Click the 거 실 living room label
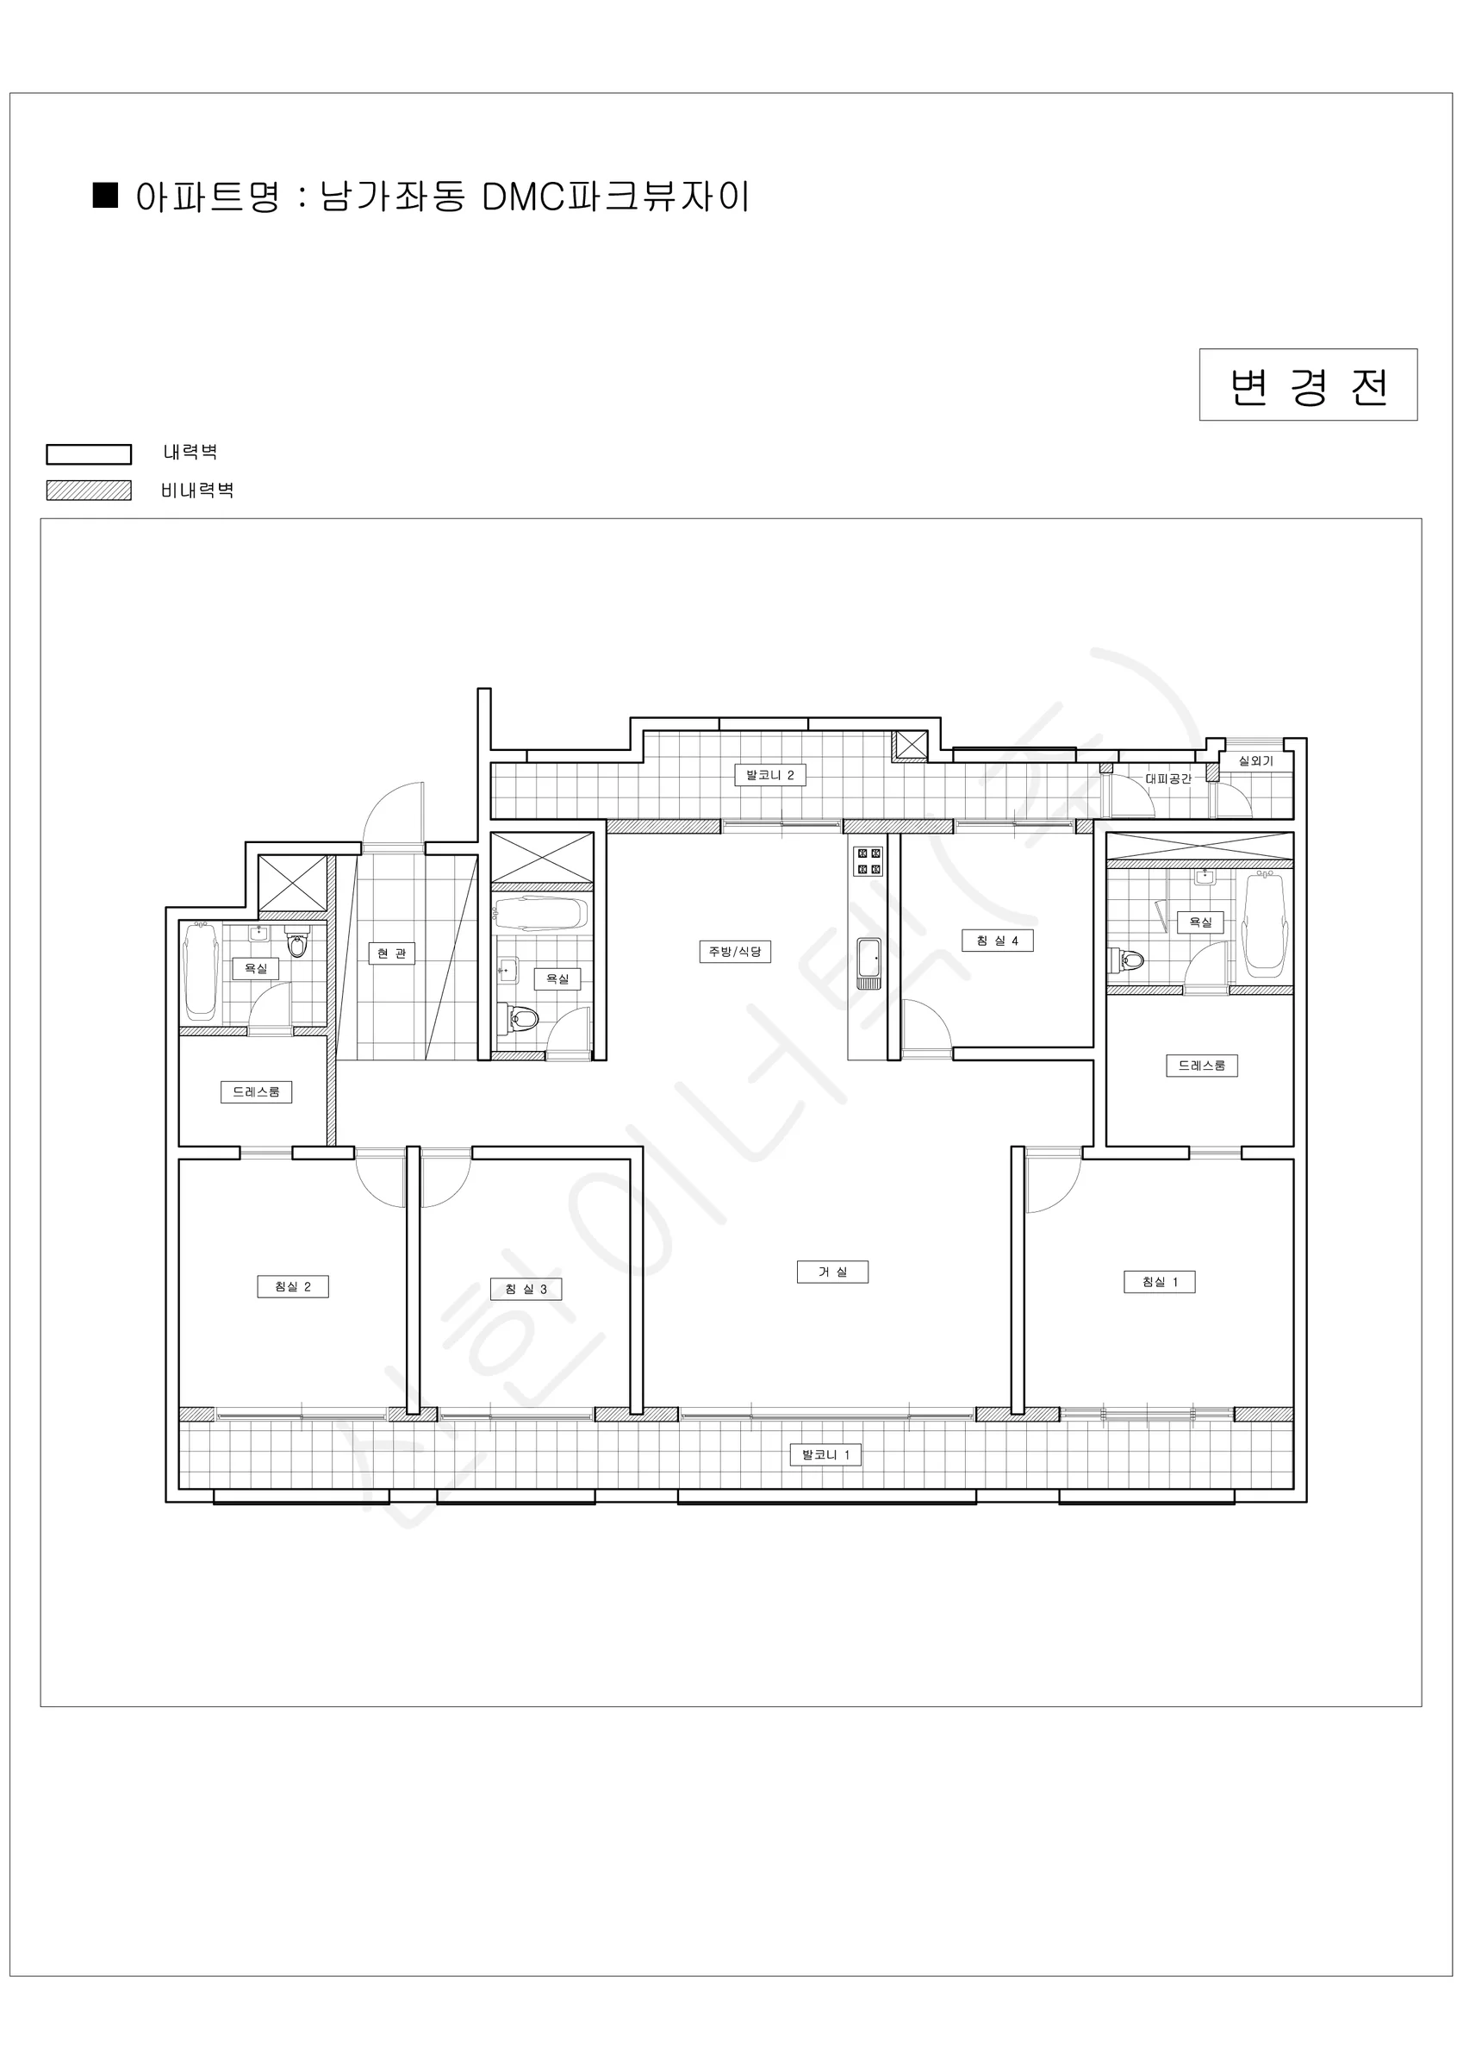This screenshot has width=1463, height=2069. (x=832, y=1272)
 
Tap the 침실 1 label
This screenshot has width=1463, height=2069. (x=1160, y=1281)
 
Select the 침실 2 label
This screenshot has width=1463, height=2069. (x=293, y=1286)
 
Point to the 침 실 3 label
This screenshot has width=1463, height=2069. (x=526, y=1289)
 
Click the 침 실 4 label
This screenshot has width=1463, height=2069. (x=997, y=940)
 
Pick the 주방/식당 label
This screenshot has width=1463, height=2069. (x=735, y=951)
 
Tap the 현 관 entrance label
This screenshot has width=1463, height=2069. (x=392, y=953)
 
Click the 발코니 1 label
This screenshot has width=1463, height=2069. (x=825, y=1454)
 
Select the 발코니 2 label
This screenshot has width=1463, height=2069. (x=770, y=774)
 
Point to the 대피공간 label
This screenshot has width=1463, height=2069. (x=1168, y=778)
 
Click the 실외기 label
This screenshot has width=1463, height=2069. (x=1256, y=760)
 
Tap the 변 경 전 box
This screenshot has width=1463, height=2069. (x=1308, y=384)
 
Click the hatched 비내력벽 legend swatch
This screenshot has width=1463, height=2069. (x=88, y=491)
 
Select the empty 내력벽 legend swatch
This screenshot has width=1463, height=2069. (x=88, y=453)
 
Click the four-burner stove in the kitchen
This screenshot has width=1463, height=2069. (x=868, y=860)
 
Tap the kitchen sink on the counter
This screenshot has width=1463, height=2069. (x=868, y=961)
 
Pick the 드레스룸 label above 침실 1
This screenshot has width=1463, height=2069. (x=1202, y=1066)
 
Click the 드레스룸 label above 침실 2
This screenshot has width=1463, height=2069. (x=256, y=1091)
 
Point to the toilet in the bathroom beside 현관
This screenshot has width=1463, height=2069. (x=522, y=1018)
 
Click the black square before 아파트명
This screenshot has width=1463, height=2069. (x=105, y=196)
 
